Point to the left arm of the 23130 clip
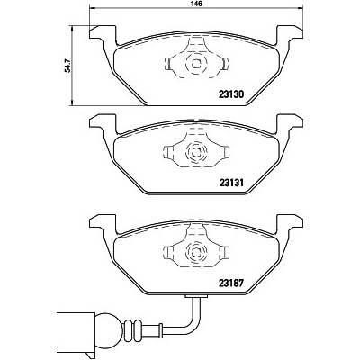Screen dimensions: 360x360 coord(173,63)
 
